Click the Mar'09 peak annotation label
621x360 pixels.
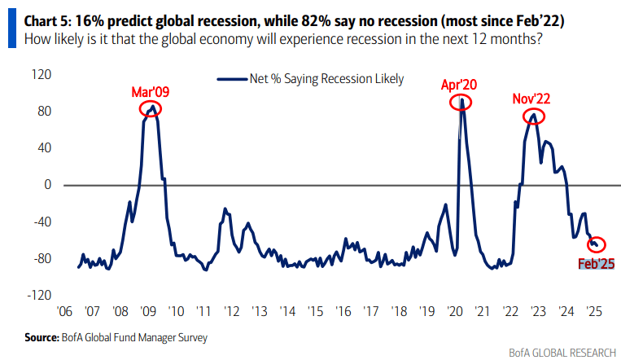coord(151,91)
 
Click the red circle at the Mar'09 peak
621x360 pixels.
coord(150,109)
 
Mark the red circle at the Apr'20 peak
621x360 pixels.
coord(461,102)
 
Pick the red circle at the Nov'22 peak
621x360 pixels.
coord(533,116)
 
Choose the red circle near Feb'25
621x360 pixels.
coord(597,244)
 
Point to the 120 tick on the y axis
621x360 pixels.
coord(41,74)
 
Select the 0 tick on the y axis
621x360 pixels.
coord(47,185)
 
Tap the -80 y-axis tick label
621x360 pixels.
coord(41,259)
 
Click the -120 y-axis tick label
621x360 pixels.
coord(38,296)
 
